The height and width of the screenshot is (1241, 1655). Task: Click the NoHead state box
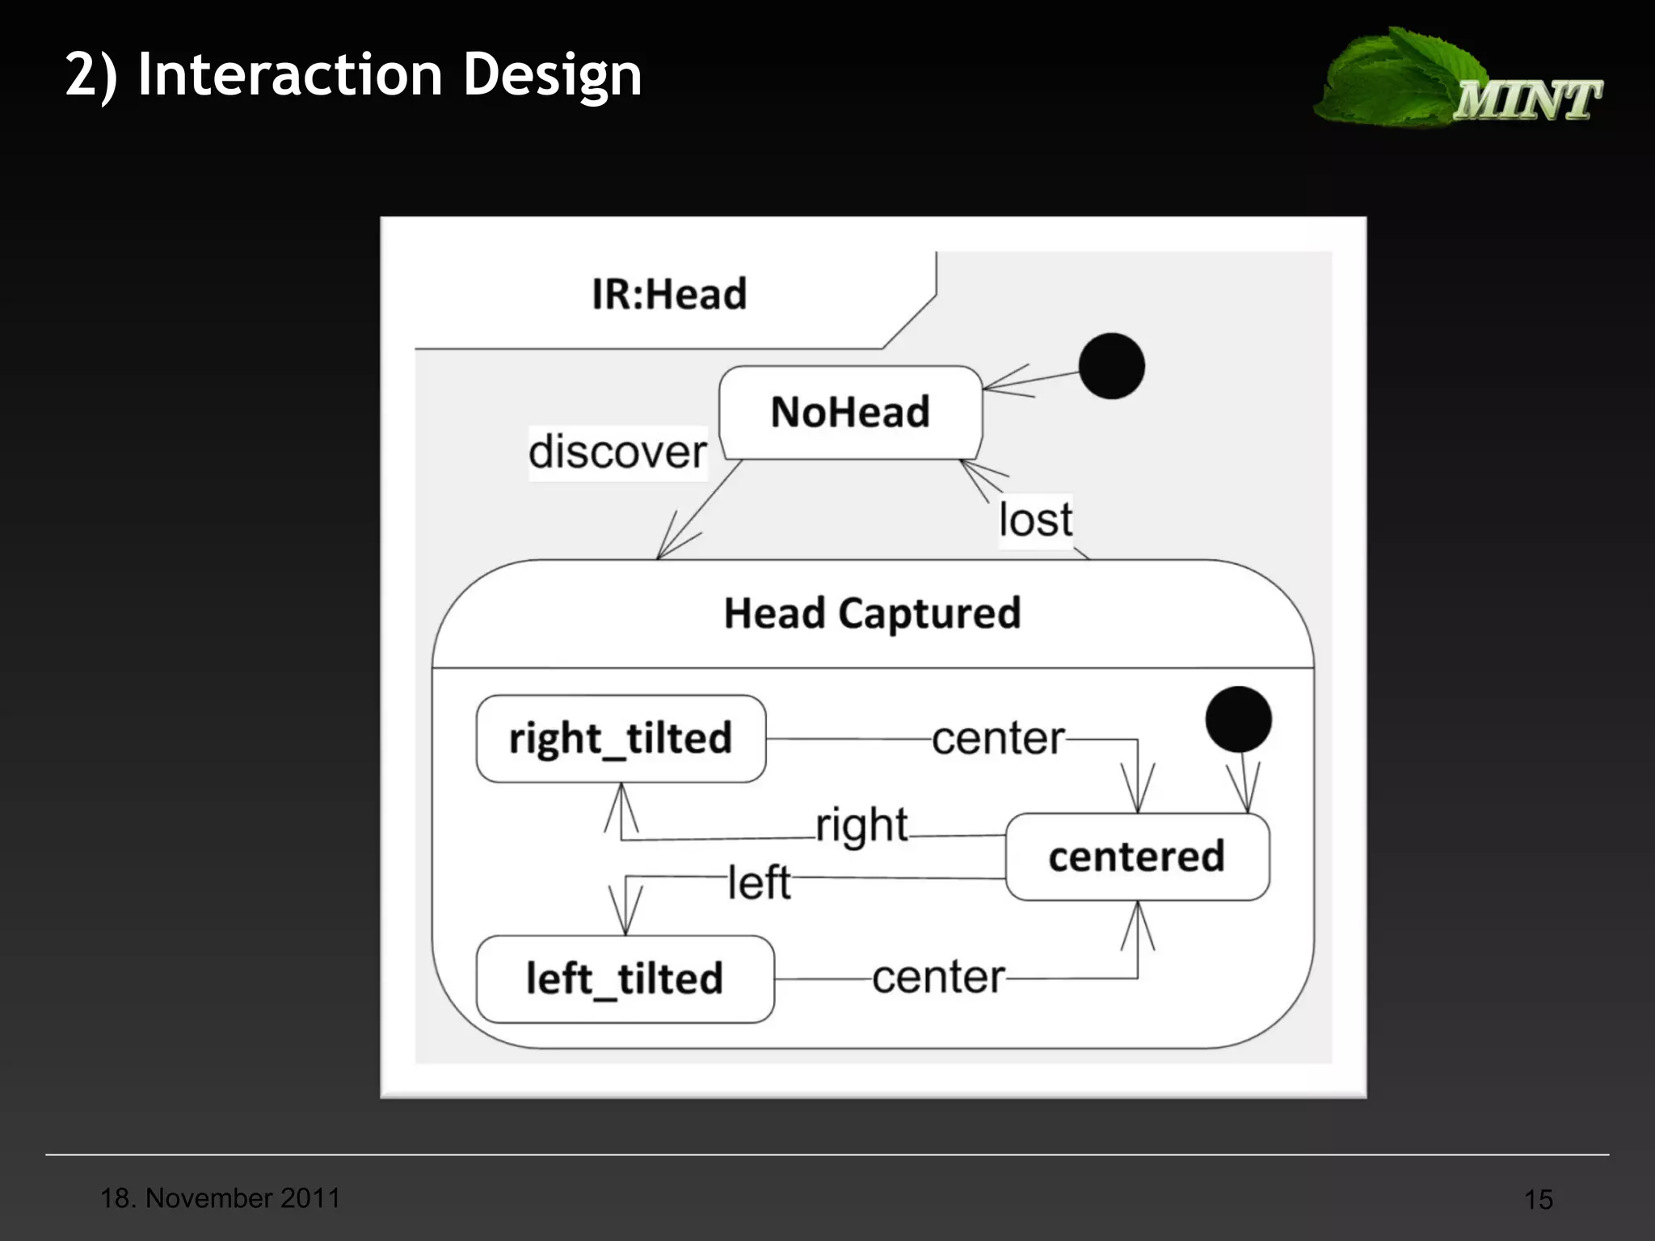850,412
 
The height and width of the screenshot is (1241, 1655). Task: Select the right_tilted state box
621,738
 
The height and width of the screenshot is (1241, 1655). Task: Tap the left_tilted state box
625,978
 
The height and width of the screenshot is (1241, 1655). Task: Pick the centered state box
1137,856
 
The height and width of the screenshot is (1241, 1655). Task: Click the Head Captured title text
872,613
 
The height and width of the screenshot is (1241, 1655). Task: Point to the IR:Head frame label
669,294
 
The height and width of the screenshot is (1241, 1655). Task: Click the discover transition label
618,452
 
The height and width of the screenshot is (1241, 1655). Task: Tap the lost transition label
1035,520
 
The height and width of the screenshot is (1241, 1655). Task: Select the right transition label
861,826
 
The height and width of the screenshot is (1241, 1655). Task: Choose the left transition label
759,882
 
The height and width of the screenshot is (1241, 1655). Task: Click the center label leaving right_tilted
998,738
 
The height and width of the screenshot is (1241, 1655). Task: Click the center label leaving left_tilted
938,978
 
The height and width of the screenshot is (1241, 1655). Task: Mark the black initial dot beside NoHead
1111,366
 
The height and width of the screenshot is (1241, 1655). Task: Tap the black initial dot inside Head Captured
1238,719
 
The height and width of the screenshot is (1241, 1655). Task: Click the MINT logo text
1527,100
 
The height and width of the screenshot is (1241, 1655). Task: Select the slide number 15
1538,1200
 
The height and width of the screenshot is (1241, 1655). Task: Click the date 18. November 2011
220,1198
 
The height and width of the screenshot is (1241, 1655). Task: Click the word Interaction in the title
291,74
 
